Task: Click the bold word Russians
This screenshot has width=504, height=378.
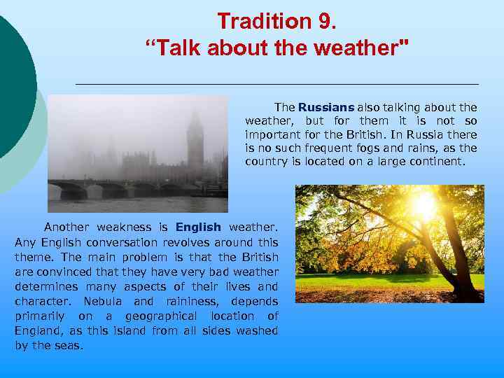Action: [x=326, y=108]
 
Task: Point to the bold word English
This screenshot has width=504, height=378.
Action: [x=198, y=227]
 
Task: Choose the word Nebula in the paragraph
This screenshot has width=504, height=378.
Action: [x=104, y=301]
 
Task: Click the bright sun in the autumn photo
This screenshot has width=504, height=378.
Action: [x=424, y=205]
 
